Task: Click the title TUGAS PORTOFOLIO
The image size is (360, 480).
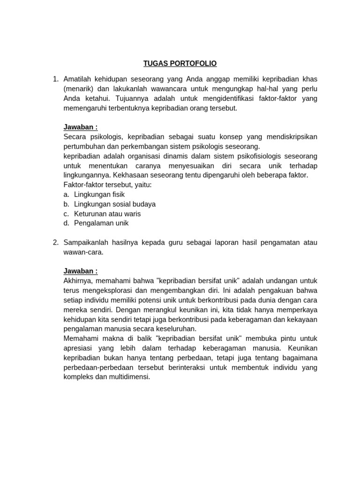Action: [180, 63]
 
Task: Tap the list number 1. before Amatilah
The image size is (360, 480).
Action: [56, 79]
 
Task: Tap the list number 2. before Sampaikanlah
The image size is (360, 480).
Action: [56, 242]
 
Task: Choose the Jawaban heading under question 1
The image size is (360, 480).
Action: [81, 127]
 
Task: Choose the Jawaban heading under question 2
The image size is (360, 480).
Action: [81, 271]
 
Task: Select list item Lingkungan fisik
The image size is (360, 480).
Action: [99, 194]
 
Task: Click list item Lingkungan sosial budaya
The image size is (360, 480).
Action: [115, 204]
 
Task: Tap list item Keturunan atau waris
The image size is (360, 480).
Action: [107, 214]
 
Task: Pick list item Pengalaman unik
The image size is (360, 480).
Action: [101, 223]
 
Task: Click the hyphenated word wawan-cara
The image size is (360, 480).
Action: [82, 252]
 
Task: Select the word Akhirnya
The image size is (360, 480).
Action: [77, 280]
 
